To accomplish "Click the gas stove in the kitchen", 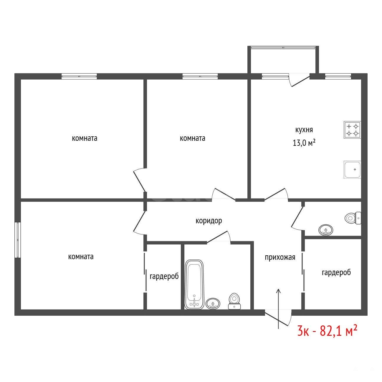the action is (x=352, y=130).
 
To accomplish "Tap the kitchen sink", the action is (x=352, y=169).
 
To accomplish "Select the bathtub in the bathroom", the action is (x=194, y=285).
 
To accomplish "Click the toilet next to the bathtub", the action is (x=234, y=301).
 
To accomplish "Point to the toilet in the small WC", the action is (x=353, y=218).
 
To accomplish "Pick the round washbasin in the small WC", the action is (x=326, y=230).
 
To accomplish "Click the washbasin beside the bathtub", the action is (x=213, y=303).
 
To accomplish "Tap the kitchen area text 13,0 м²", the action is (x=304, y=143).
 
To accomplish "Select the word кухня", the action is (x=304, y=130).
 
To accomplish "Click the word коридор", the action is (x=209, y=221).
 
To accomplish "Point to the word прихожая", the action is (x=280, y=257).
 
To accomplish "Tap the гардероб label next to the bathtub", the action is (x=164, y=276).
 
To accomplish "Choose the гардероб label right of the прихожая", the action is (x=336, y=272).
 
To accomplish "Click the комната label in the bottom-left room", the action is (x=81, y=257).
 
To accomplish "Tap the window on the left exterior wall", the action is (x=18, y=240).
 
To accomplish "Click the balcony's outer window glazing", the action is (x=283, y=47).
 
